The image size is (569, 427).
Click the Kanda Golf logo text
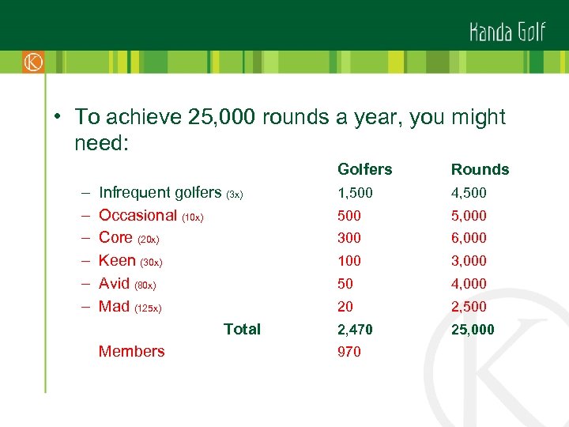point(507,32)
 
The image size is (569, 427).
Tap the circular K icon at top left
point(33,62)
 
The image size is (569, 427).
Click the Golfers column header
point(364,169)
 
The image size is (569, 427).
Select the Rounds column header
point(480,169)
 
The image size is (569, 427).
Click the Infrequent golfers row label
point(160,192)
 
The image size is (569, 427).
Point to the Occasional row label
point(138,215)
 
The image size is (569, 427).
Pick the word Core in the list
point(115,237)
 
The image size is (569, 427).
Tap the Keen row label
point(117,260)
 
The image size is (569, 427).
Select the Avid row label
point(114,283)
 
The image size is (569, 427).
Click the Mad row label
point(114,306)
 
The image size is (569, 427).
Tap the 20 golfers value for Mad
point(345,307)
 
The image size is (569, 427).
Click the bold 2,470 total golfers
point(355,329)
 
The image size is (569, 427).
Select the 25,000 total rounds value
point(473,329)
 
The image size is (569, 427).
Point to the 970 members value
point(349,352)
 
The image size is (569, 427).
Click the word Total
point(242,329)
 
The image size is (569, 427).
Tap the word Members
point(131,352)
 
